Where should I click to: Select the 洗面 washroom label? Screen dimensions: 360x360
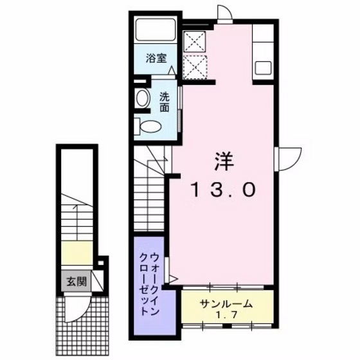(x=165, y=102)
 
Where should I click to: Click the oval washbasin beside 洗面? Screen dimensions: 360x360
(x=143, y=98)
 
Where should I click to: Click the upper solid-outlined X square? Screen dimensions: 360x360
(x=194, y=40)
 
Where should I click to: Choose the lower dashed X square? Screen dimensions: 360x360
(x=194, y=66)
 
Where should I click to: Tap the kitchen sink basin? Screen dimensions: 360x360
(x=264, y=67)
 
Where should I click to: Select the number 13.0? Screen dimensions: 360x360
(x=222, y=189)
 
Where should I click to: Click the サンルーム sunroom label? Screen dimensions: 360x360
(x=224, y=303)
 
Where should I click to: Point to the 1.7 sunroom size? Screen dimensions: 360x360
(x=224, y=315)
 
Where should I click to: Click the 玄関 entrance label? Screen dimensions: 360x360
(x=74, y=281)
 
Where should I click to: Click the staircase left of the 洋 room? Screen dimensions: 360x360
(x=151, y=193)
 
